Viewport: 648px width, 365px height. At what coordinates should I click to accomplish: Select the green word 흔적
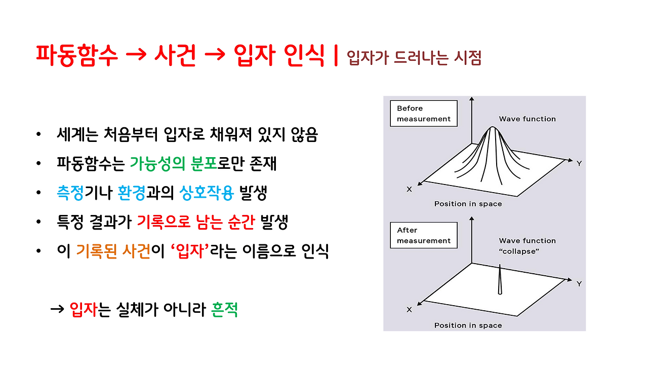[x=224, y=309]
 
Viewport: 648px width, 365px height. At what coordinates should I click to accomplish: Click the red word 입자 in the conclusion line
[x=83, y=309]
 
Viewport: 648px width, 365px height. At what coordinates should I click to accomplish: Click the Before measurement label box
[x=423, y=114]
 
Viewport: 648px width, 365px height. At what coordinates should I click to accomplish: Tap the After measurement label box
[x=423, y=235]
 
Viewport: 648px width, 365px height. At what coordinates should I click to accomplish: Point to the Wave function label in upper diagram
[x=527, y=119]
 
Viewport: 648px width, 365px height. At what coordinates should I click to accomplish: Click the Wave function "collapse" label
[x=527, y=246]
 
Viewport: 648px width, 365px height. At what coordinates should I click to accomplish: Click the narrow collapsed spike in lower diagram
[x=500, y=279]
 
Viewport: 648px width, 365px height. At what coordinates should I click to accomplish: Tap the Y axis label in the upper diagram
[x=579, y=163]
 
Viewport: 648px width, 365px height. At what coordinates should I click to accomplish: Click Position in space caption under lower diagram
[x=468, y=325]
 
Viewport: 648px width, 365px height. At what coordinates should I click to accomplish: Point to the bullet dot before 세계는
[x=39, y=136]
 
